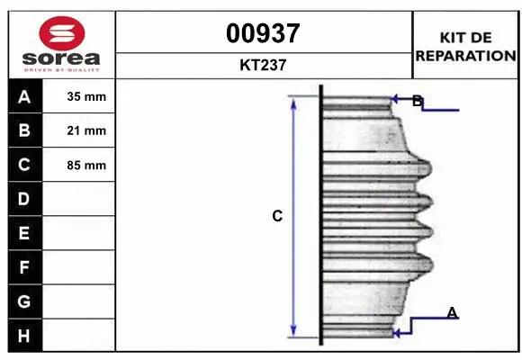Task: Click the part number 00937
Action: coord(263,34)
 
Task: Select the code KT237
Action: coord(263,65)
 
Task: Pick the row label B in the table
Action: coord(24,130)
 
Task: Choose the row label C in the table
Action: coord(24,165)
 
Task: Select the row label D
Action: coord(24,199)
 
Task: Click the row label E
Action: coord(24,233)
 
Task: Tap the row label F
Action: coord(24,267)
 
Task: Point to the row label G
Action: coord(24,301)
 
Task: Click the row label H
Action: coord(24,335)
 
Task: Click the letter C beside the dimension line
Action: coord(278,216)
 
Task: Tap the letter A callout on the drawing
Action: coord(452,312)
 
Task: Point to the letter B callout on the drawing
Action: coord(417,101)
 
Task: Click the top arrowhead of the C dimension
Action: coord(293,102)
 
